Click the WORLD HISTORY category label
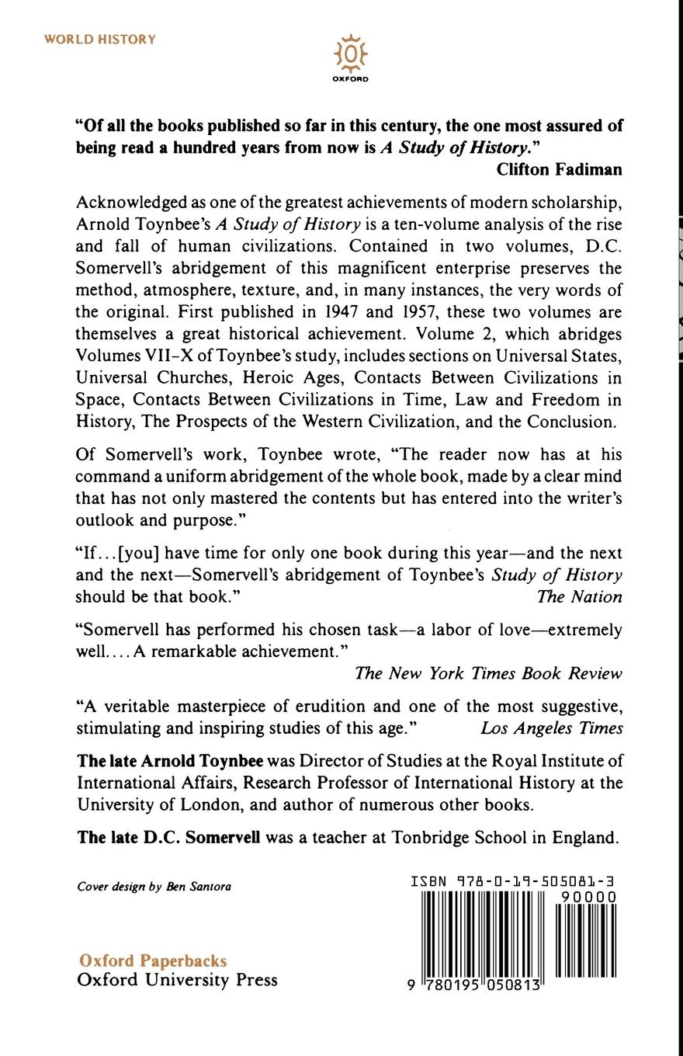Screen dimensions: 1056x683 (100, 40)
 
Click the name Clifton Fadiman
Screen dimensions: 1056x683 (559, 169)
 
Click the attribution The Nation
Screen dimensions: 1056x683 (579, 597)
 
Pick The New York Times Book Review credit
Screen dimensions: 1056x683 (488, 673)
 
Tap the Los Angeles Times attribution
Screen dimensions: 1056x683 (551, 728)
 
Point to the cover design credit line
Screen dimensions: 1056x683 (154, 887)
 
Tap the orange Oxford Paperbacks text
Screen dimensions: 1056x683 (152, 960)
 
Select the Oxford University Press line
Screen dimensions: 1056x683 (177, 980)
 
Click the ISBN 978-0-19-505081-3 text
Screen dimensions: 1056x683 (513, 882)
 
